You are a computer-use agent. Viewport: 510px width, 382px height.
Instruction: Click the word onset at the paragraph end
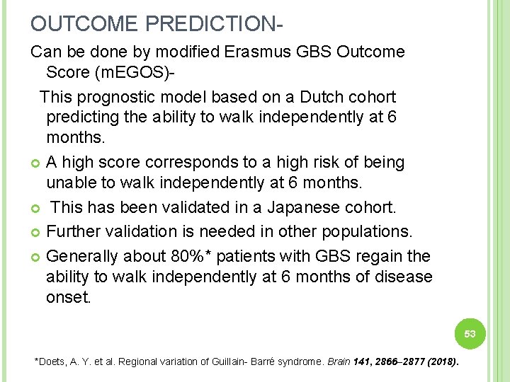pyautogui.click(x=68, y=297)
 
